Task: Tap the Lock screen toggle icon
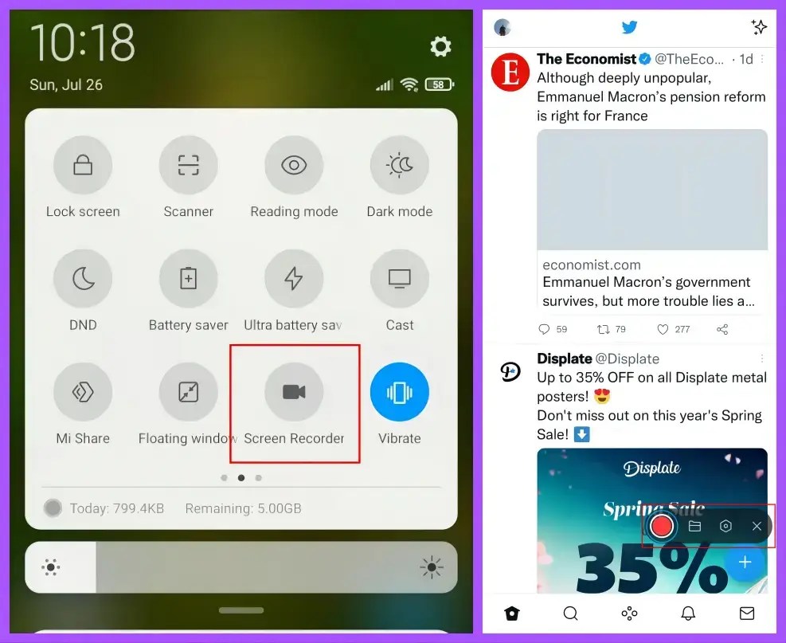coord(83,166)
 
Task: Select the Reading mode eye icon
coord(294,166)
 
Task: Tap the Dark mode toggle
coord(399,166)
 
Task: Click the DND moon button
coord(83,279)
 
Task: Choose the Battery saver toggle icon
coord(188,279)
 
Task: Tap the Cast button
coord(399,279)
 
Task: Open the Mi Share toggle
coord(83,392)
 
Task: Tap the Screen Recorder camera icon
coord(294,392)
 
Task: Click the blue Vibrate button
coord(399,392)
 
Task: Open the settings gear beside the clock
coord(440,46)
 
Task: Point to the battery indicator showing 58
coord(439,84)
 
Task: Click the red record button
coord(661,526)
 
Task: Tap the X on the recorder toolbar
coord(757,526)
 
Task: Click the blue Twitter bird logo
coord(629,27)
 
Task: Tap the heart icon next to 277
coord(663,329)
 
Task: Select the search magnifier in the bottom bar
coord(570,613)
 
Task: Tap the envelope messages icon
coord(746,613)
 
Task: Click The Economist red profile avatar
coord(510,73)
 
